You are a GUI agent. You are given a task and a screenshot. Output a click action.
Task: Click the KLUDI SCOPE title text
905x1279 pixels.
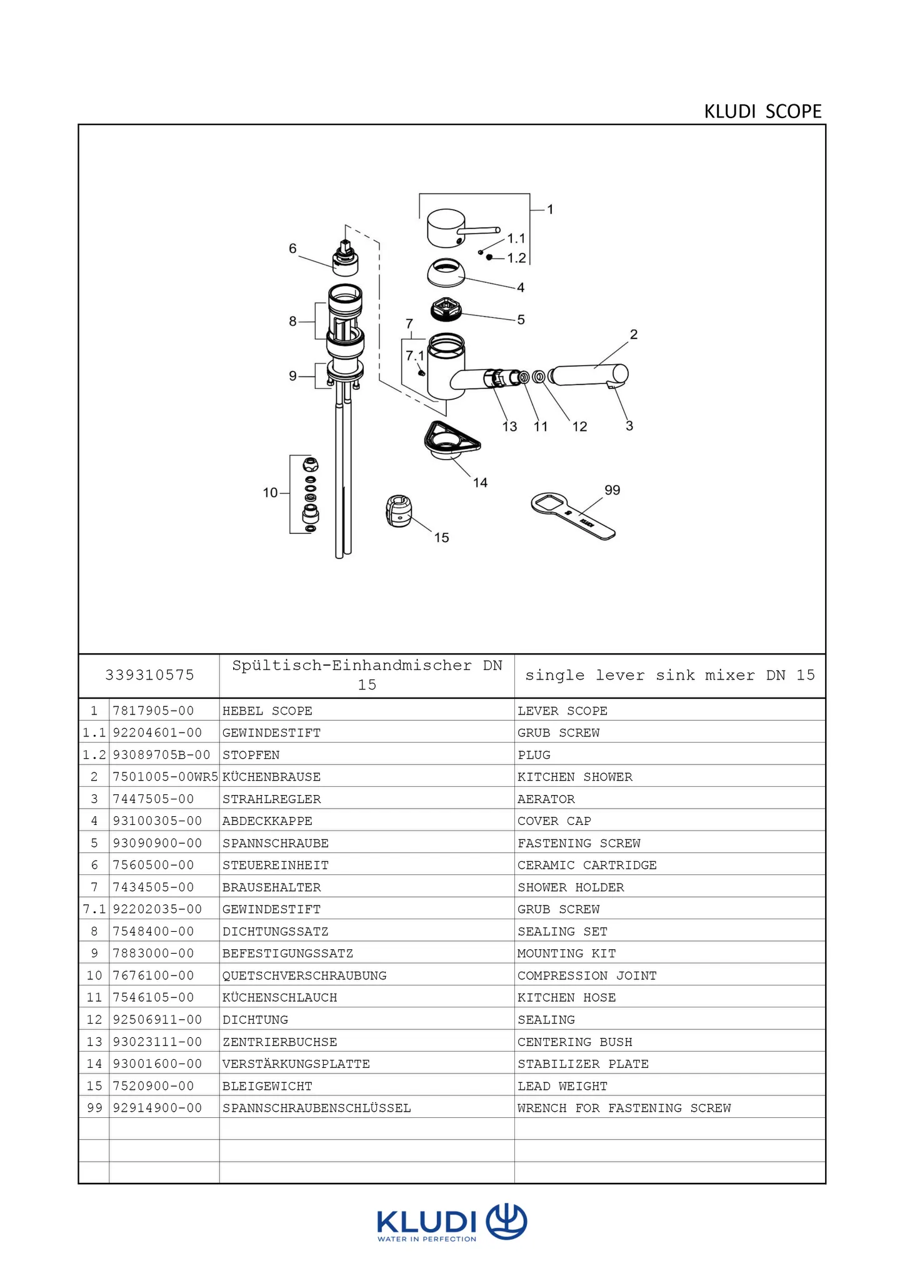(762, 111)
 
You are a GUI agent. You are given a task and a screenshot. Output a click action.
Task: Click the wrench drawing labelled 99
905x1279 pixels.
(572, 515)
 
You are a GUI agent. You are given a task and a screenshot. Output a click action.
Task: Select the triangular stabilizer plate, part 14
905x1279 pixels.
(451, 440)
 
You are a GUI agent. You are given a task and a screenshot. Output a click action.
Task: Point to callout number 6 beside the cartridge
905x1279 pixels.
(292, 249)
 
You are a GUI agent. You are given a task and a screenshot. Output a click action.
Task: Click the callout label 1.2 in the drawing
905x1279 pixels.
(516, 258)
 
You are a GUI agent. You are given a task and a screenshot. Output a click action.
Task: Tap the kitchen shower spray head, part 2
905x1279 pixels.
(591, 375)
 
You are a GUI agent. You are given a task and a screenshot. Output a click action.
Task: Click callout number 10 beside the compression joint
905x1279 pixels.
(270, 493)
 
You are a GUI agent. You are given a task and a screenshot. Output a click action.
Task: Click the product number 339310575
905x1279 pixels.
(149, 675)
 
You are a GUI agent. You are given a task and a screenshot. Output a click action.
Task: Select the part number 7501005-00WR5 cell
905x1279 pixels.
(165, 777)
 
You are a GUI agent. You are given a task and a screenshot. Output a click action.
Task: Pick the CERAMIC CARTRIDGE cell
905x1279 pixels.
(586, 865)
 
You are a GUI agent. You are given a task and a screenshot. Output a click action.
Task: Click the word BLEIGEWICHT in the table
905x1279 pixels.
(267, 1086)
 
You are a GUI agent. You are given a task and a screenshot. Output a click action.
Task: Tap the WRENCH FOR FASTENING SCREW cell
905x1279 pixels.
(624, 1108)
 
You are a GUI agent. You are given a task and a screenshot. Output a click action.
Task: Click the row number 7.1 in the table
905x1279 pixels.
(94, 909)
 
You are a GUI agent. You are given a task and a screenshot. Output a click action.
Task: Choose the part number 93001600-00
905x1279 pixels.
(157, 1064)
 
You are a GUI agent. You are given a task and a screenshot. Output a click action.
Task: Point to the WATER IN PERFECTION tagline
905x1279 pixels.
(426, 1239)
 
